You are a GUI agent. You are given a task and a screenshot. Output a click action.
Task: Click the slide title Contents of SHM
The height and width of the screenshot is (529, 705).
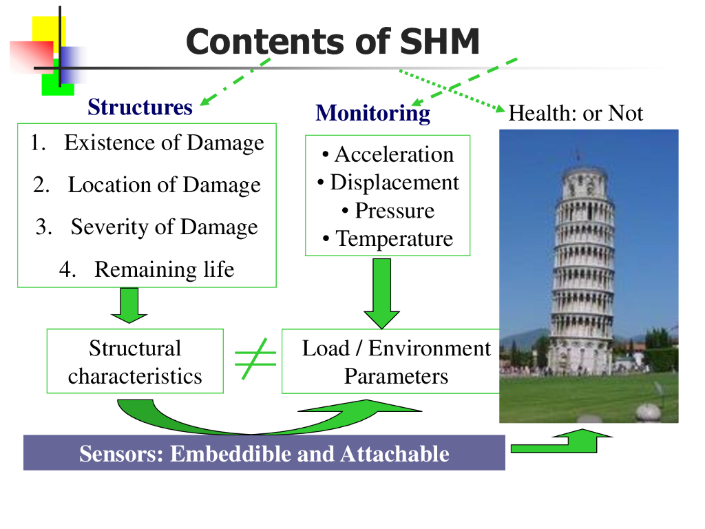click(x=333, y=41)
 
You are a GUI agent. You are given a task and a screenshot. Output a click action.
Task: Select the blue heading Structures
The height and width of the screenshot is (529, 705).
click(x=140, y=107)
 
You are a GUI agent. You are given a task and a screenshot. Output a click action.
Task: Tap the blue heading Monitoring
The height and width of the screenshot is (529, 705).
click(x=372, y=113)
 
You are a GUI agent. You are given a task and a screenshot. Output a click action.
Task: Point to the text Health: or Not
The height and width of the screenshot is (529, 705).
click(x=575, y=113)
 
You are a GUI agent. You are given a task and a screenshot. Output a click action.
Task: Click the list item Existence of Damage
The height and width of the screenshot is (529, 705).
click(x=163, y=143)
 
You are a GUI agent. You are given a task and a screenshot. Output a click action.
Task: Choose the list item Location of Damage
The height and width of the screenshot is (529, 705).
click(x=164, y=185)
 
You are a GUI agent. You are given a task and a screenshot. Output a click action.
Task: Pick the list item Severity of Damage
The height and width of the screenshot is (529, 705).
click(x=164, y=227)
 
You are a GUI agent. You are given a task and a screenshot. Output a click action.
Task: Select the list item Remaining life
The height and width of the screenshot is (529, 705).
click(x=164, y=269)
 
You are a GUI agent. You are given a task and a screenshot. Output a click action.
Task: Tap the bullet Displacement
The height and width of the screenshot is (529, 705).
click(x=394, y=183)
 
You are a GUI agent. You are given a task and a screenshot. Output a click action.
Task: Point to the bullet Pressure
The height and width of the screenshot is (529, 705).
click(x=394, y=211)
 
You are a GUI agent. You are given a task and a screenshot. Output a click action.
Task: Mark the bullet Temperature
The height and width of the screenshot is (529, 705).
click(x=394, y=239)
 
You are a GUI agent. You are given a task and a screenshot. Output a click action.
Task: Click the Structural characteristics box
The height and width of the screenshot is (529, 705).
click(x=135, y=362)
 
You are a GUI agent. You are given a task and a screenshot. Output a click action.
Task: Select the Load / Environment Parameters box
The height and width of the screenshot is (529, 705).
click(x=395, y=362)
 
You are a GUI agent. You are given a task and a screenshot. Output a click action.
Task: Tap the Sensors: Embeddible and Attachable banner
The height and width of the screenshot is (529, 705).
click(x=264, y=454)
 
